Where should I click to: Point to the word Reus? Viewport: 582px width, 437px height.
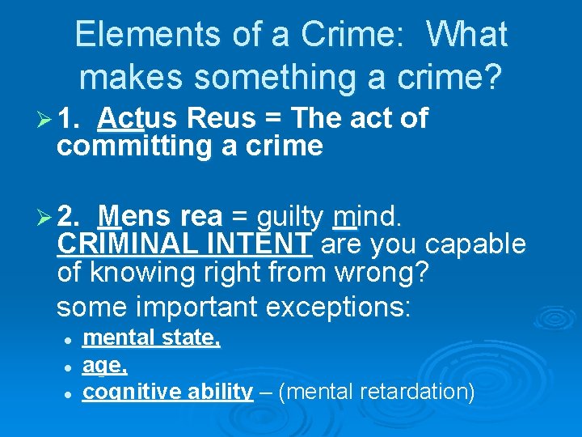coord(219,119)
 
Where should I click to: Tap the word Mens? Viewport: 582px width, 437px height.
coord(135,217)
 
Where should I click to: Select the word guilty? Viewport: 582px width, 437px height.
coord(289,217)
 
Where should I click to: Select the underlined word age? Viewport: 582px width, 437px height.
coord(104,366)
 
